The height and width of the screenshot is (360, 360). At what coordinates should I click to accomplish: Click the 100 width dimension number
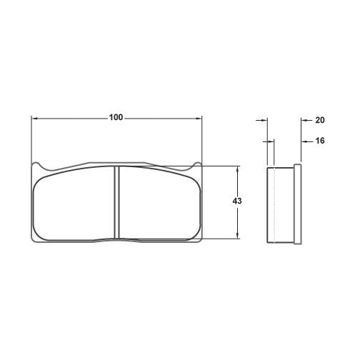(x=116, y=117)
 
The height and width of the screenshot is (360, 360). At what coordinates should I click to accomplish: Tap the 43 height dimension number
(x=237, y=201)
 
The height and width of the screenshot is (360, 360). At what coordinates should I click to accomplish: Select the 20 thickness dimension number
(x=319, y=121)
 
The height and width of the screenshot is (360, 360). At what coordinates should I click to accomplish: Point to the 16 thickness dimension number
(x=319, y=141)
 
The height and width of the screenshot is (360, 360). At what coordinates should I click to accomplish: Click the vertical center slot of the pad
(x=117, y=203)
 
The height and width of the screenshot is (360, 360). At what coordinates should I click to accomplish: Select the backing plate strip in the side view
(x=298, y=203)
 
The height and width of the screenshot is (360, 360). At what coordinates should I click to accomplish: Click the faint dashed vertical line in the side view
(x=273, y=204)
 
